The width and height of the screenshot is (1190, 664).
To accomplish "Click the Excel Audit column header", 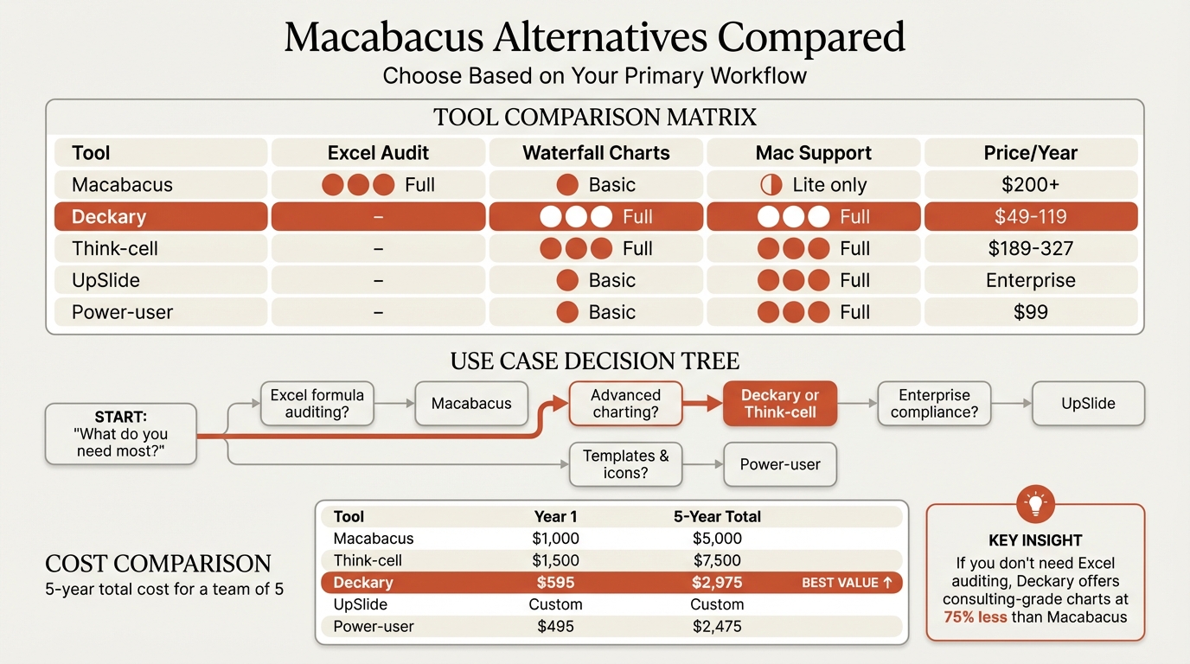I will pyautogui.click(x=378, y=153).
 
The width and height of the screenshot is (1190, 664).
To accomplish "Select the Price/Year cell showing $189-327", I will pyautogui.click(x=1031, y=249).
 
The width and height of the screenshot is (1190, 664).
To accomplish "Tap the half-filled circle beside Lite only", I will pyautogui.click(x=771, y=185).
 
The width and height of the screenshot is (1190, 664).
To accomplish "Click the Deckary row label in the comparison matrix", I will pyautogui.click(x=109, y=217).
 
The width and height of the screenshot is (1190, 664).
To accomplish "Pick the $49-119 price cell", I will pyautogui.click(x=1031, y=217).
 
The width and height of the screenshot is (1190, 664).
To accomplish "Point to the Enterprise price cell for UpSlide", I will pyautogui.click(x=1031, y=281).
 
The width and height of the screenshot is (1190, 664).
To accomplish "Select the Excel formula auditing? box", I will pyautogui.click(x=317, y=404).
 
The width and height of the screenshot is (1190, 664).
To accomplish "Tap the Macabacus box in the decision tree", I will pyautogui.click(x=471, y=404).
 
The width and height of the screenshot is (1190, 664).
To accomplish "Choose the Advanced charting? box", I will pyautogui.click(x=625, y=404).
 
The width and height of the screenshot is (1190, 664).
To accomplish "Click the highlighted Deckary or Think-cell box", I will pyautogui.click(x=780, y=404).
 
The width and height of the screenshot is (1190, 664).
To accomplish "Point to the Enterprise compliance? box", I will pyautogui.click(x=934, y=404).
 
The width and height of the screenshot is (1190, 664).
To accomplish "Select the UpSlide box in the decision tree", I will pyautogui.click(x=1088, y=404).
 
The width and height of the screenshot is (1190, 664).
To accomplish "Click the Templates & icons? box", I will pyautogui.click(x=625, y=464).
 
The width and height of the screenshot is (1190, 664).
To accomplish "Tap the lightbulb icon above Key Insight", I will pyautogui.click(x=1035, y=504).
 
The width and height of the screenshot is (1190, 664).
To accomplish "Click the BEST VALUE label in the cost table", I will pyautogui.click(x=847, y=583).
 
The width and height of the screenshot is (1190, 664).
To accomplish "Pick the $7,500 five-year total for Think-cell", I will pyautogui.click(x=717, y=560).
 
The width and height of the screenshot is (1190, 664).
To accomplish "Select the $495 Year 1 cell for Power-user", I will pyautogui.click(x=555, y=626).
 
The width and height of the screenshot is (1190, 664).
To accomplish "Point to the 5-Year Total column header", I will pyautogui.click(x=717, y=516).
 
